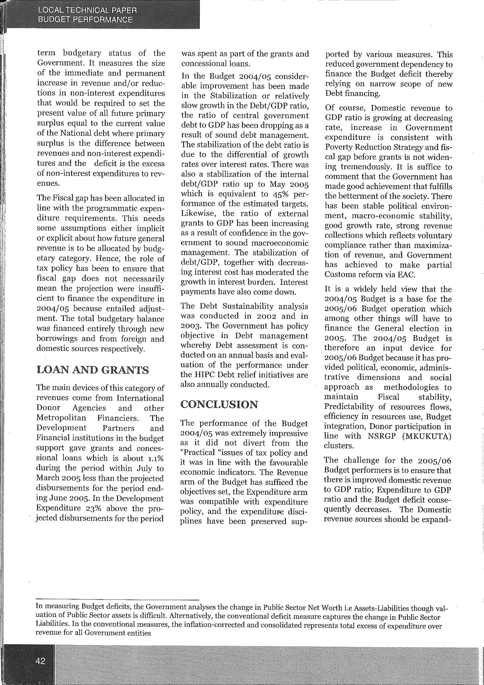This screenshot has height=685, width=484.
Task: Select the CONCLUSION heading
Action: [219, 404]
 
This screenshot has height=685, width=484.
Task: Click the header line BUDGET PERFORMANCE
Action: [85, 20]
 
